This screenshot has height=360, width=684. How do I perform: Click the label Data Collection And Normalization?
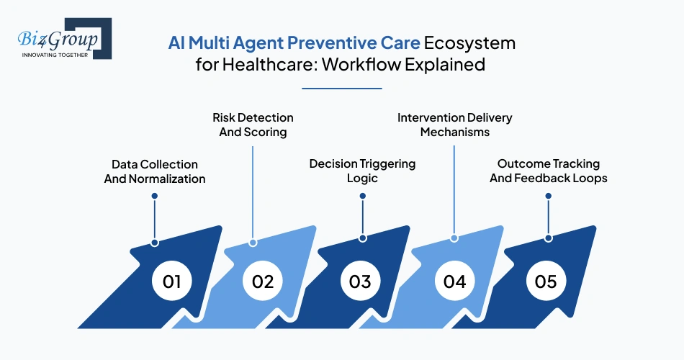pyautogui.click(x=155, y=171)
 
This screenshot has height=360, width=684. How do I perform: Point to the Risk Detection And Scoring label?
pyautogui.click(x=253, y=125)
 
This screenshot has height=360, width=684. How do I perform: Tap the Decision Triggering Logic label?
pyautogui.click(x=362, y=171)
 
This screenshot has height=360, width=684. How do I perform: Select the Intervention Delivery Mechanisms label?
pyautogui.click(x=455, y=125)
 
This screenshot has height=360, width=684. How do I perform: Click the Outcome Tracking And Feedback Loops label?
pyautogui.click(x=549, y=171)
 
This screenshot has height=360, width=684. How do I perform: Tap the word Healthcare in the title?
pyautogui.click(x=269, y=65)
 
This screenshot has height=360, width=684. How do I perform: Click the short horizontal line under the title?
pyautogui.click(x=341, y=89)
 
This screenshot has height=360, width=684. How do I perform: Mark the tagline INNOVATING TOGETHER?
pyautogui.click(x=55, y=55)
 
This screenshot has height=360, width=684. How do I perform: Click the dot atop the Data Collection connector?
pyautogui.click(x=155, y=196)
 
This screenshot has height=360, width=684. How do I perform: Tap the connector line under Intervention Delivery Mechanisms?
pyautogui.click(x=454, y=191)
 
